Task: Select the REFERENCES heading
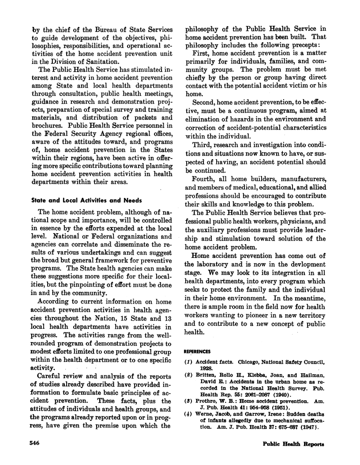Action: (x=199, y=352)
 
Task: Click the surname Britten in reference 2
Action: (x=209, y=380)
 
